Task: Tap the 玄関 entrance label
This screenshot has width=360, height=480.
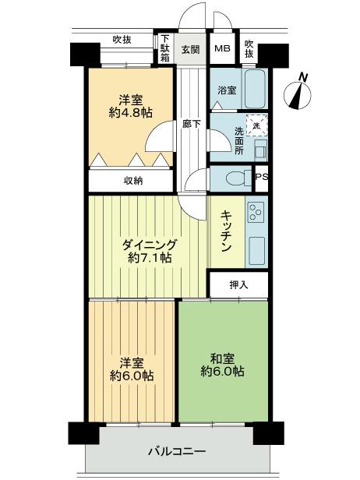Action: pyautogui.click(x=191, y=49)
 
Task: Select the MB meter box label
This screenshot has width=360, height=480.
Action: pyautogui.click(x=222, y=49)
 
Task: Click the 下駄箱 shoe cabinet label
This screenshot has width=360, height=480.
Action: pyautogui.click(x=164, y=49)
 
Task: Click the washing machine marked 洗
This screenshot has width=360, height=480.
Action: pyautogui.click(x=256, y=123)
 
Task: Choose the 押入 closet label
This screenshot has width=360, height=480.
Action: pyautogui.click(x=238, y=284)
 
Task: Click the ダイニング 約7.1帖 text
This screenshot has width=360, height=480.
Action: pyautogui.click(x=150, y=251)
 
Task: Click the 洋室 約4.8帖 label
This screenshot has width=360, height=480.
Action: pyautogui.click(x=129, y=106)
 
